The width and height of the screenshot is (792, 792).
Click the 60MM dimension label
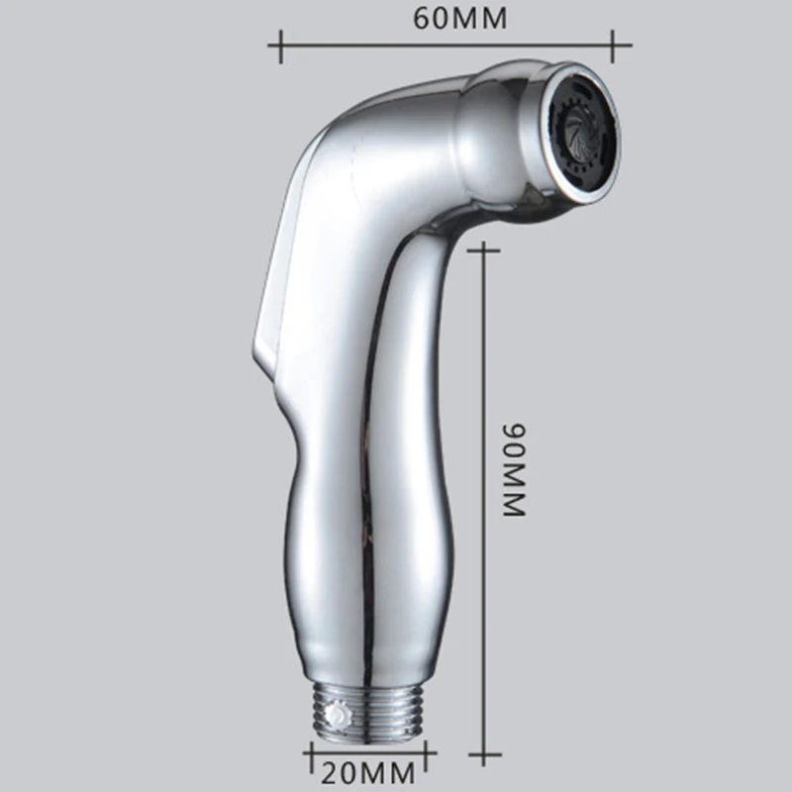459,19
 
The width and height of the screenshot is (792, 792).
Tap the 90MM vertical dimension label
514,469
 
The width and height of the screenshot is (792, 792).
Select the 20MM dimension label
367,773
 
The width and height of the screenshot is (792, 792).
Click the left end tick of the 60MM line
281,46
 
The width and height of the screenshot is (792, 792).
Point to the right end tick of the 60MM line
613,46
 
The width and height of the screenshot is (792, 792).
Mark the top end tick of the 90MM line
484,250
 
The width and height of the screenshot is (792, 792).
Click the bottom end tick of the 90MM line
484,755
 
